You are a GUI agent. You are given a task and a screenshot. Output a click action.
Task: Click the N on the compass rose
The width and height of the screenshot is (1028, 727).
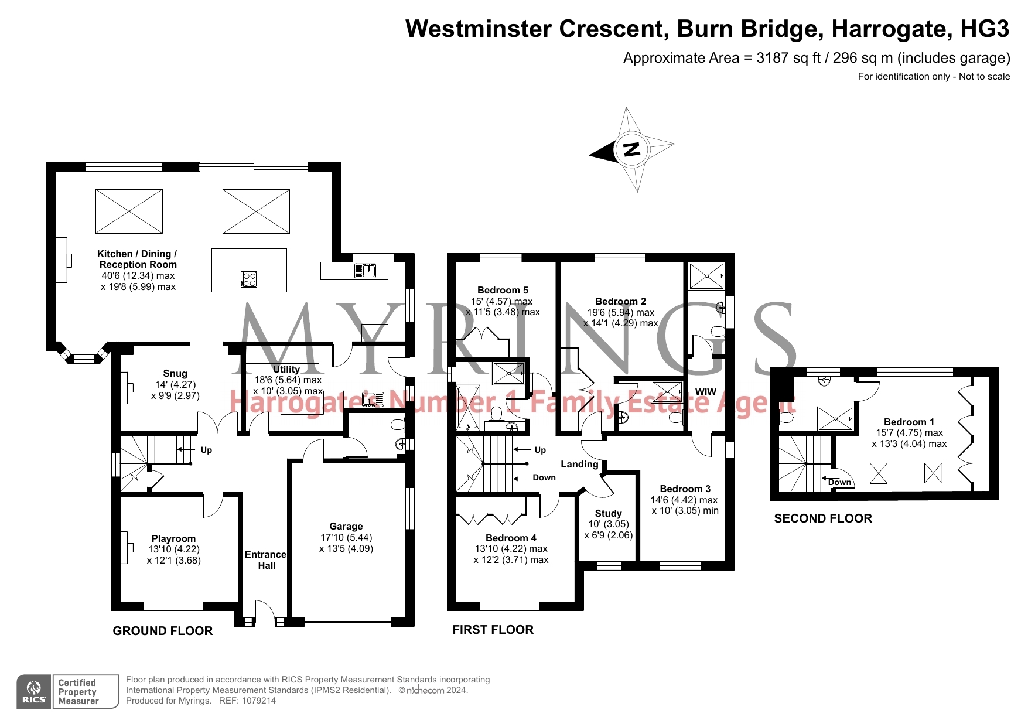(x=631, y=149)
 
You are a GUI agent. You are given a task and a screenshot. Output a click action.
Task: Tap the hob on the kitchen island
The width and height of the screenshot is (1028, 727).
(x=249, y=279)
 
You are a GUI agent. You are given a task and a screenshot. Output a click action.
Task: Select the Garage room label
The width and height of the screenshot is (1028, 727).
(x=346, y=526)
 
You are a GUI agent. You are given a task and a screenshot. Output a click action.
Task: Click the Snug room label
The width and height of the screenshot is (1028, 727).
(x=175, y=373)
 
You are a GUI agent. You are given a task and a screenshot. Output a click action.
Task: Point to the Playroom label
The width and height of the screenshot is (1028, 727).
(x=173, y=538)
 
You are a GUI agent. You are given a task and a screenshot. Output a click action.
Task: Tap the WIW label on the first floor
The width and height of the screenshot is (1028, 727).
(x=705, y=392)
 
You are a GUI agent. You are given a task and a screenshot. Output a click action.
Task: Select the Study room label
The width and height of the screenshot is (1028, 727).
(x=608, y=513)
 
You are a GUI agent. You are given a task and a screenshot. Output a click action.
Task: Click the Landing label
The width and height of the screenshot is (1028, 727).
(x=579, y=464)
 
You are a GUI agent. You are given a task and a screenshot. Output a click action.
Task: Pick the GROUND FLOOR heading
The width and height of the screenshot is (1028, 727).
(x=163, y=631)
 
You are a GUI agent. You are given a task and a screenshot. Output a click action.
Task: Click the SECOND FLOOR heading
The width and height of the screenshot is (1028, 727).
(x=823, y=518)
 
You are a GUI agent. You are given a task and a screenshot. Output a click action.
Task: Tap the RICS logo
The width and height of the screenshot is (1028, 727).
(x=34, y=691)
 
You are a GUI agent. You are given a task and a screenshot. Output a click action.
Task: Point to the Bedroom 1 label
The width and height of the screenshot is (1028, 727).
(x=909, y=422)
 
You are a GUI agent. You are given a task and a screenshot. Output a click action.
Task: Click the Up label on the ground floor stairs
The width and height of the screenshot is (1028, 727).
(x=206, y=450)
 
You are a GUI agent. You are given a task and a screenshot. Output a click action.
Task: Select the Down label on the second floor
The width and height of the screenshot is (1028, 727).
(x=839, y=482)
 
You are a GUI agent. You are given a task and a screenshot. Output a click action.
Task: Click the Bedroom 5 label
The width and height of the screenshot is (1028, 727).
(x=503, y=290)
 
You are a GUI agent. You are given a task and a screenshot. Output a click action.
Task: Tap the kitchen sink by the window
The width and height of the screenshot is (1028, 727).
(x=365, y=271)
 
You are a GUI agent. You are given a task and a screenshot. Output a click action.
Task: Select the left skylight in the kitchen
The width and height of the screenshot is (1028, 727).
(x=129, y=211)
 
